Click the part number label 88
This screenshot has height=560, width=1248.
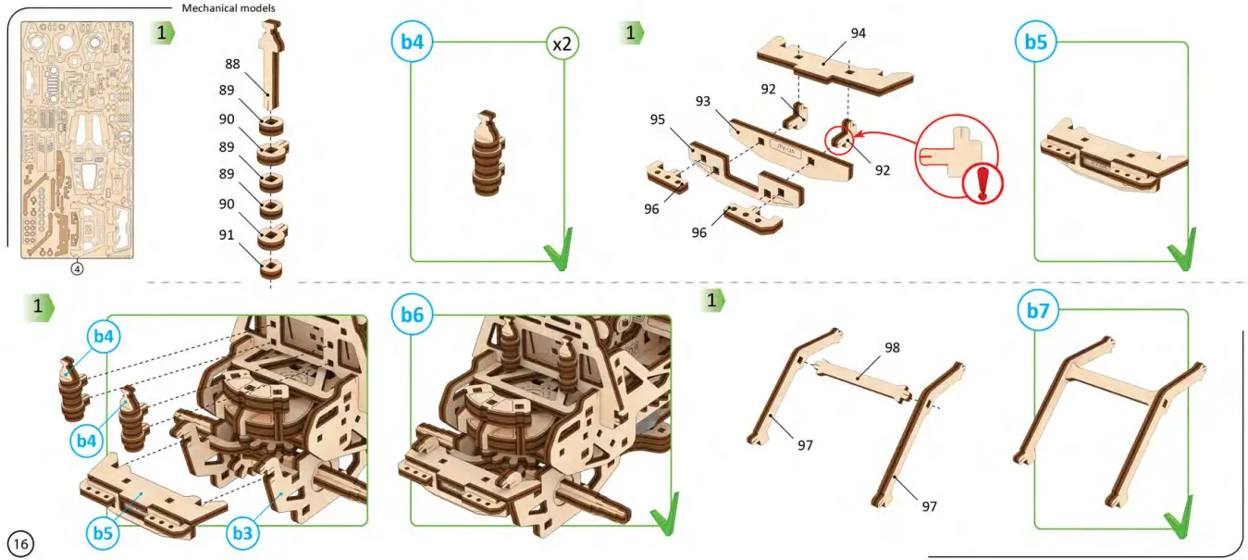232,64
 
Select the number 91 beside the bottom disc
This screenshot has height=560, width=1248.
227,235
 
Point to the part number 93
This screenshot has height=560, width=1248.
703,101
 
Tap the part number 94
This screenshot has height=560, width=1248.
858,33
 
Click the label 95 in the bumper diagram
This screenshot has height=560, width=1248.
658,119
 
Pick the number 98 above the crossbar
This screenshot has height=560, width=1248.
892,347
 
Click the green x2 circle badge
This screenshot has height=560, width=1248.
562,43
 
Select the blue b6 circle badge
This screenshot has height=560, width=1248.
412,315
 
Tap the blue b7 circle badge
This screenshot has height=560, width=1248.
1038,311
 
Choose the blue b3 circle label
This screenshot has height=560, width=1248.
242,532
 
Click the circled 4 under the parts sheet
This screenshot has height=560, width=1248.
78,269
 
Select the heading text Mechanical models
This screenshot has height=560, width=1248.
228,8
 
